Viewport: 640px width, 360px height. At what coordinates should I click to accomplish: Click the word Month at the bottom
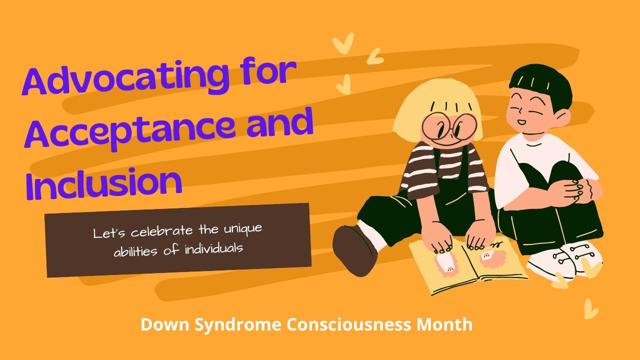click(x=444, y=324)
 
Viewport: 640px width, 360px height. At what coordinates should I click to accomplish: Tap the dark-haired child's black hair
click(x=540, y=82)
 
